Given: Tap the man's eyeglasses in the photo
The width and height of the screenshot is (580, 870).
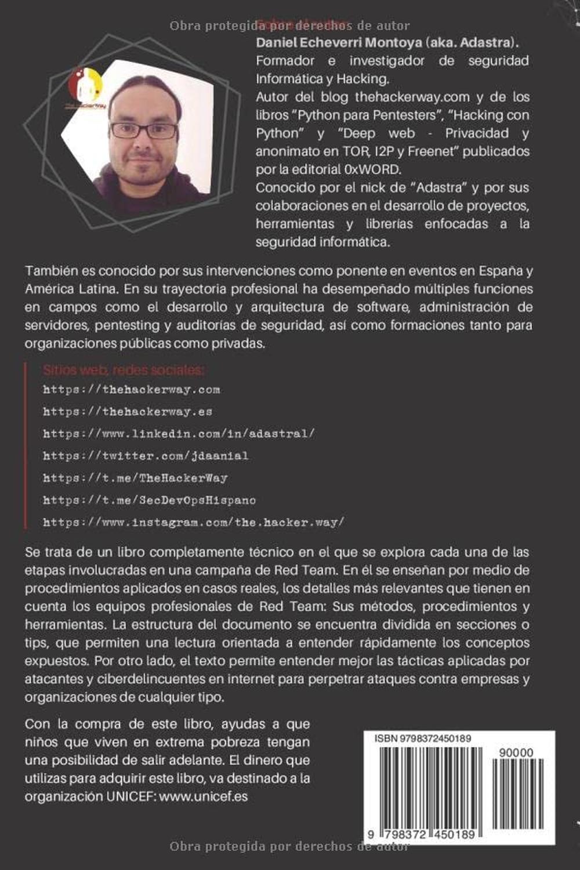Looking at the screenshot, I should [143, 131].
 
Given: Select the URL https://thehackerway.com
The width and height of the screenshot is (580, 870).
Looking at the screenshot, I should [131, 390].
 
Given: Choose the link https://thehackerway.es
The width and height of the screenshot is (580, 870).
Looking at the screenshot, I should [128, 412].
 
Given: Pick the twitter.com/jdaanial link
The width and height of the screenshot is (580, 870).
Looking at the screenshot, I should [146, 456].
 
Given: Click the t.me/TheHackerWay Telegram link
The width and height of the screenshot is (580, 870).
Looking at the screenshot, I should [135, 478].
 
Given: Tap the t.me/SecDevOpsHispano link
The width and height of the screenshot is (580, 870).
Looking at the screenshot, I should [149, 500].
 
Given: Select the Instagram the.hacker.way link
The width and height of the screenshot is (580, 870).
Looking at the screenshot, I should [193, 522].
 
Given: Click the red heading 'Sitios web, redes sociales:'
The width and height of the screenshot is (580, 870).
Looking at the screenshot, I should [124, 370].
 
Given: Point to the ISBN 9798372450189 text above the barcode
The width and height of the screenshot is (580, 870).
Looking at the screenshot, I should [422, 738].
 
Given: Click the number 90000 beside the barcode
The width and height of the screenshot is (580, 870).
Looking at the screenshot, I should [515, 752].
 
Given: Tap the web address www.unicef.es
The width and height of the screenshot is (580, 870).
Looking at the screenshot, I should [204, 796].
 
